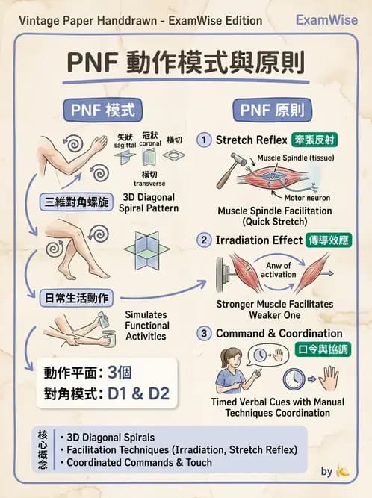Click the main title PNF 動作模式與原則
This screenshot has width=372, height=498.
click(x=186, y=63)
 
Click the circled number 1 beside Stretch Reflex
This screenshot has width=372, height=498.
click(x=203, y=140)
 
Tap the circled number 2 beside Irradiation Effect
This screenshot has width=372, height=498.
click(x=203, y=240)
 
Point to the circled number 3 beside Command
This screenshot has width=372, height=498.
click(x=203, y=334)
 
